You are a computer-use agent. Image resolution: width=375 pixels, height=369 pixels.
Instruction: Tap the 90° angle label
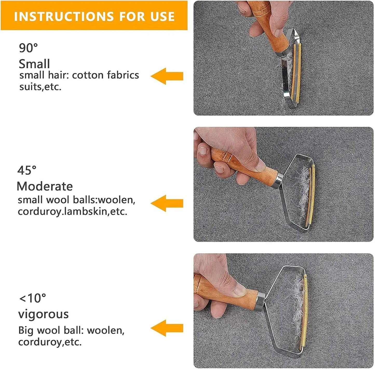29,48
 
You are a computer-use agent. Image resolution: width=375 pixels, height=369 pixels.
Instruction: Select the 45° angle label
27,170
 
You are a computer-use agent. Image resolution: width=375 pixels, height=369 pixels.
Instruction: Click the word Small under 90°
34,64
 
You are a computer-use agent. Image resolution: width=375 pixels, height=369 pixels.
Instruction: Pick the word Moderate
45,186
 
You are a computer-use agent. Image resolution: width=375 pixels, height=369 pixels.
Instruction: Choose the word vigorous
43,314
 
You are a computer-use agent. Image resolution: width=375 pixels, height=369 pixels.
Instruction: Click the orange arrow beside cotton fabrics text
167,76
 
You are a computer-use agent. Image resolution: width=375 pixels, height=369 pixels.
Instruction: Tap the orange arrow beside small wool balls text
167,203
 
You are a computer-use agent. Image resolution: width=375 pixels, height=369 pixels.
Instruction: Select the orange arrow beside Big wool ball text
167,328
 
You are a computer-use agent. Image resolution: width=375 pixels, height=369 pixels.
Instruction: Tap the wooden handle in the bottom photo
226,293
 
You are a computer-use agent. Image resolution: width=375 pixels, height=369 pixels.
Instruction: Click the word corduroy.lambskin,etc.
72,212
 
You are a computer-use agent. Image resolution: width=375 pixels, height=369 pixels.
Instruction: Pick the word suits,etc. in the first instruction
40,87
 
